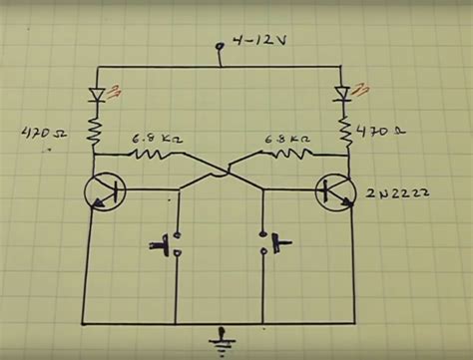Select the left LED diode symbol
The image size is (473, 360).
[97, 96]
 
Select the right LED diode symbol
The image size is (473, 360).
[342, 95]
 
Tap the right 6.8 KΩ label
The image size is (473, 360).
[284, 140]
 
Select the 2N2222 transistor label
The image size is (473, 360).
[403, 190]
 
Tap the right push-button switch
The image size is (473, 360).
[272, 242]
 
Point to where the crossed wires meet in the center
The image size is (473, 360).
[221, 172]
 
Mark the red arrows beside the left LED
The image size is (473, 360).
[117, 93]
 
